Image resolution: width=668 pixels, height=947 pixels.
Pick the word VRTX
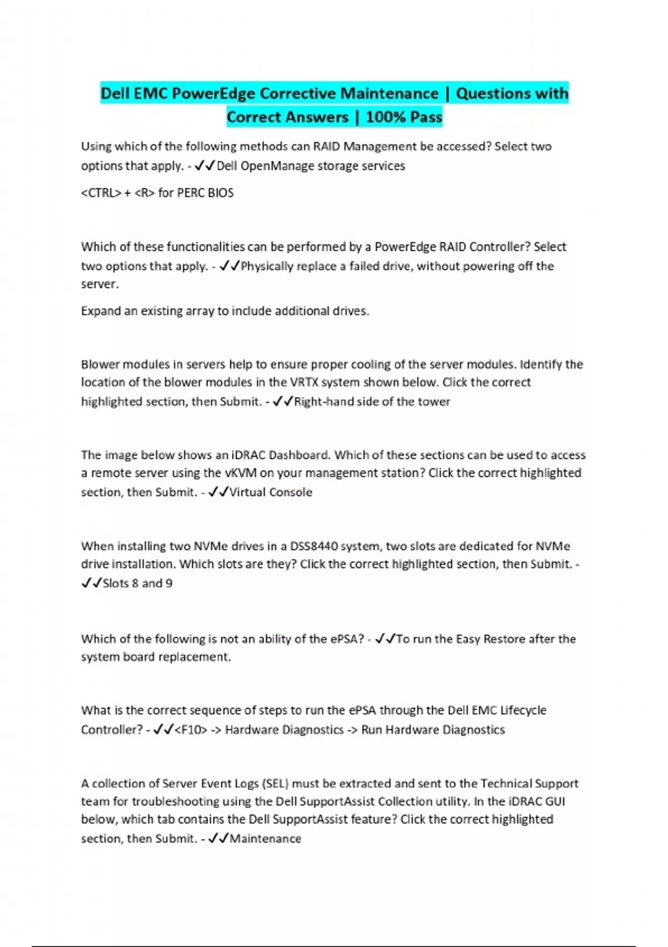(304, 382)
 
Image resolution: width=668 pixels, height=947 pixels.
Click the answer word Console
(291, 492)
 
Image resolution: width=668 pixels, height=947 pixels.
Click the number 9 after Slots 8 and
(169, 583)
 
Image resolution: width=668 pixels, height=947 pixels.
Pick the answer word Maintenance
(265, 838)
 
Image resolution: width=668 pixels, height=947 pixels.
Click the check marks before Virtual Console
(218, 492)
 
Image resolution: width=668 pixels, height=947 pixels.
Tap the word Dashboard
(299, 455)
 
